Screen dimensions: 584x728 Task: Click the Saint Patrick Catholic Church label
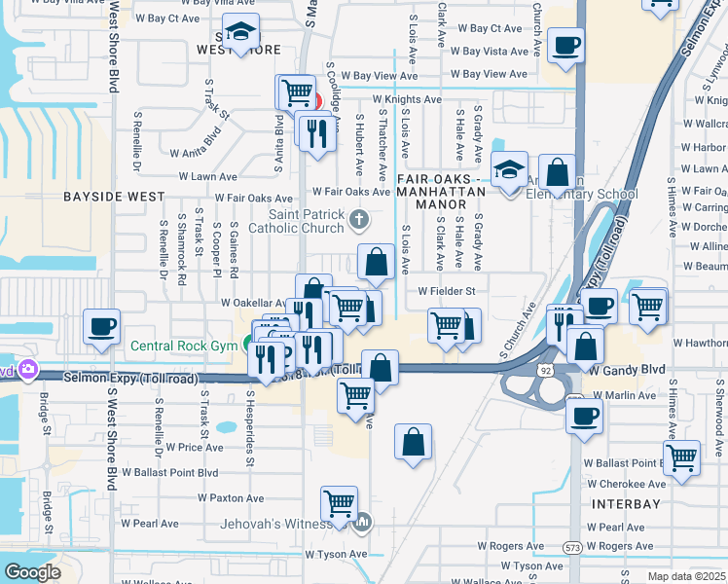(x=308, y=221)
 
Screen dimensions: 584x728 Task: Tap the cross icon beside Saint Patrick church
(x=359, y=218)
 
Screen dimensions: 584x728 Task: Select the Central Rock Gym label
(x=184, y=346)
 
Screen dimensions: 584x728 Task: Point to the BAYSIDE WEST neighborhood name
(x=114, y=197)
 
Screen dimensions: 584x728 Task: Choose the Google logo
(x=32, y=571)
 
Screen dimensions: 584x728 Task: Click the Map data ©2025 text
(x=686, y=576)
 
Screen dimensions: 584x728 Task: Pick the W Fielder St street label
(x=446, y=291)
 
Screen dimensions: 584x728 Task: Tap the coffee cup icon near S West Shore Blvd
(x=101, y=326)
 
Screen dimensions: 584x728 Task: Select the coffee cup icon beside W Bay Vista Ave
(x=565, y=44)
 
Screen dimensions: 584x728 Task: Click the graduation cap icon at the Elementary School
(x=509, y=168)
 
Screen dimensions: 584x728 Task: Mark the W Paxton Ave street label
(x=231, y=497)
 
